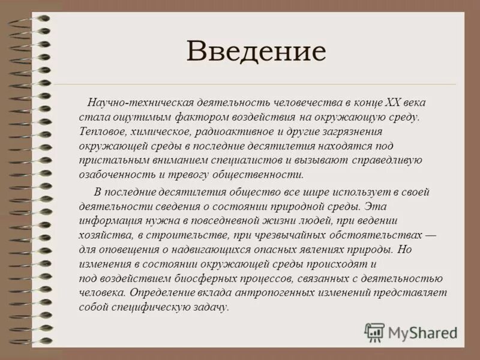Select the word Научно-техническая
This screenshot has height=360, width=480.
[134, 103]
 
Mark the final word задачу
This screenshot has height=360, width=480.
[209, 308]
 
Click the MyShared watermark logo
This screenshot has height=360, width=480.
[412, 332]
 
